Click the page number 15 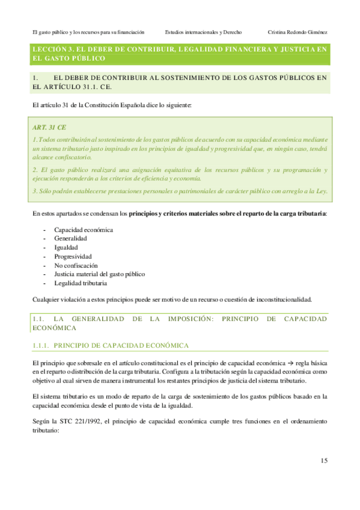click(x=323, y=461)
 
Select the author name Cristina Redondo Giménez click(x=297, y=32)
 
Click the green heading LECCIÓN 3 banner click(x=180, y=54)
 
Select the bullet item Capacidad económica click(x=84, y=230)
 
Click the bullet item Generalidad click(x=72, y=239)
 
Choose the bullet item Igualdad click(x=66, y=247)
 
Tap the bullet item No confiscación click(x=76, y=265)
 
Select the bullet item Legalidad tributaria click(x=81, y=283)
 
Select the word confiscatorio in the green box click(x=72, y=157)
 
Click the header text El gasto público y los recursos click(x=88, y=32)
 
